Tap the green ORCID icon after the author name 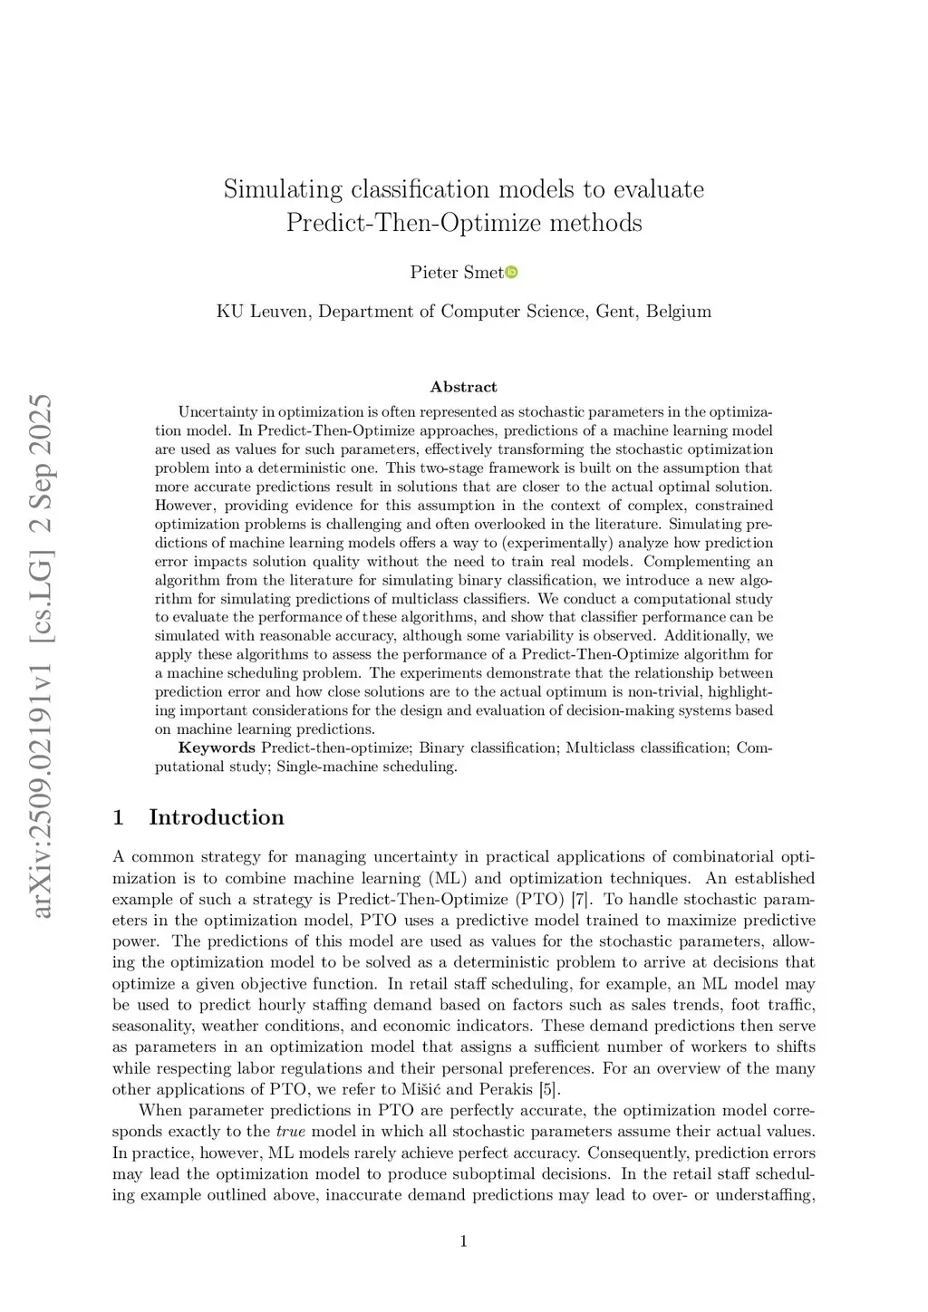(x=511, y=272)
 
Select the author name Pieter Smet (x=456, y=272)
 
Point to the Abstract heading (x=463, y=387)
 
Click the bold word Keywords (x=217, y=748)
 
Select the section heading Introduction (x=216, y=817)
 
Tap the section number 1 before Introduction (x=118, y=817)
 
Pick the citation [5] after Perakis (x=549, y=1089)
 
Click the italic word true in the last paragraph (x=290, y=1131)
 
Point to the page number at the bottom (x=464, y=1241)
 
